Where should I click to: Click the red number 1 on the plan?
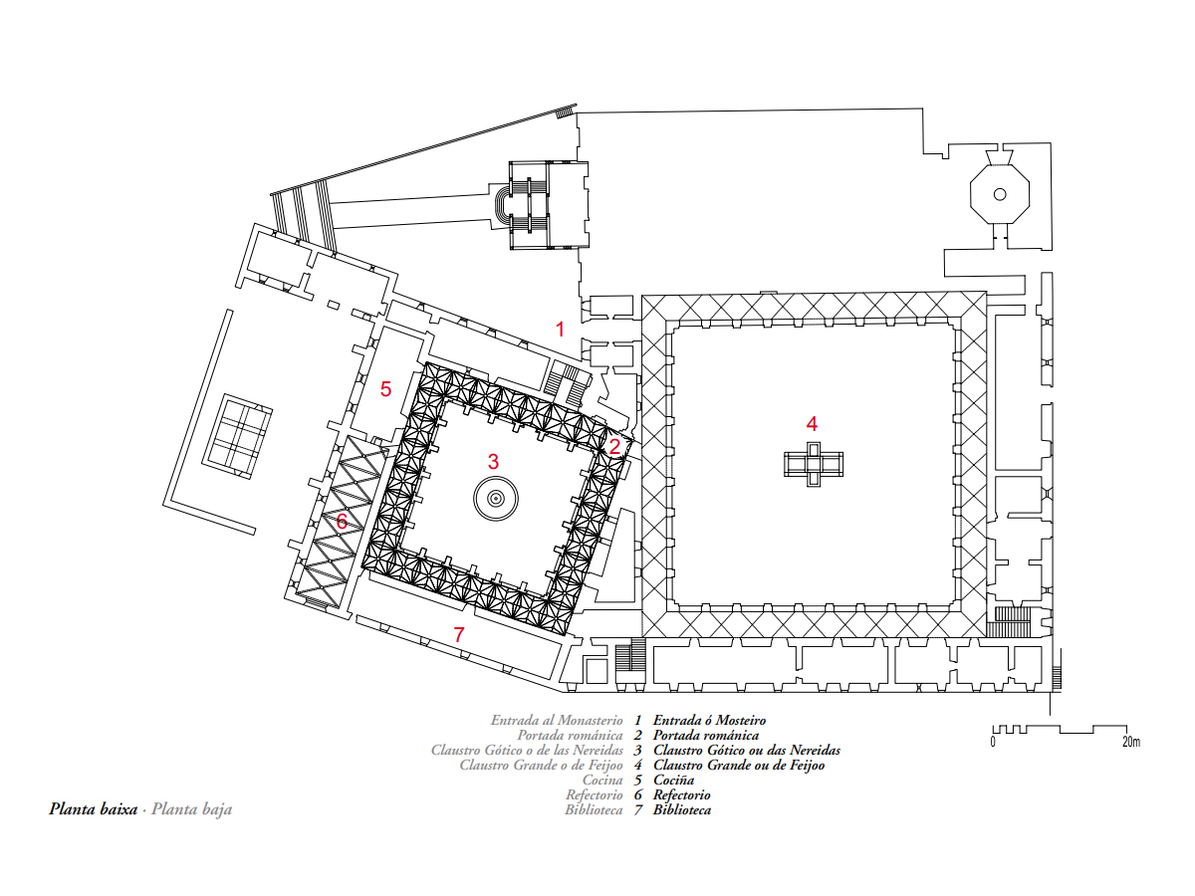point(560,330)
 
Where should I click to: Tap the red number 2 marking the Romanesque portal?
point(614,447)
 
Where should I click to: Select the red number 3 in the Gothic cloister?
point(493,461)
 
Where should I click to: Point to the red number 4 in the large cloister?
point(812,423)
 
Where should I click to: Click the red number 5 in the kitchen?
point(385,389)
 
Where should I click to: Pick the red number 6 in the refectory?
point(342,521)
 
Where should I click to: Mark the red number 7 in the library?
point(458,634)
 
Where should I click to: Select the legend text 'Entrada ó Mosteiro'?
point(709,720)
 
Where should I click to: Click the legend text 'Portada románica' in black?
point(706,736)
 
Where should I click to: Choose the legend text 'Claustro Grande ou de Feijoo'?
point(739,766)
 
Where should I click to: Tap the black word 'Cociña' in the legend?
point(674,781)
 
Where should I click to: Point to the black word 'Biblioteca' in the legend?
point(682,810)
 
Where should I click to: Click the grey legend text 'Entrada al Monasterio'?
point(557,720)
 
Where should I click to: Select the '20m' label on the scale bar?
point(1130,742)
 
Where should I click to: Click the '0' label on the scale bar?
point(993,742)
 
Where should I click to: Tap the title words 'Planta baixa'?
point(93,809)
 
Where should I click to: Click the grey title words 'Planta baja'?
point(191,810)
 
